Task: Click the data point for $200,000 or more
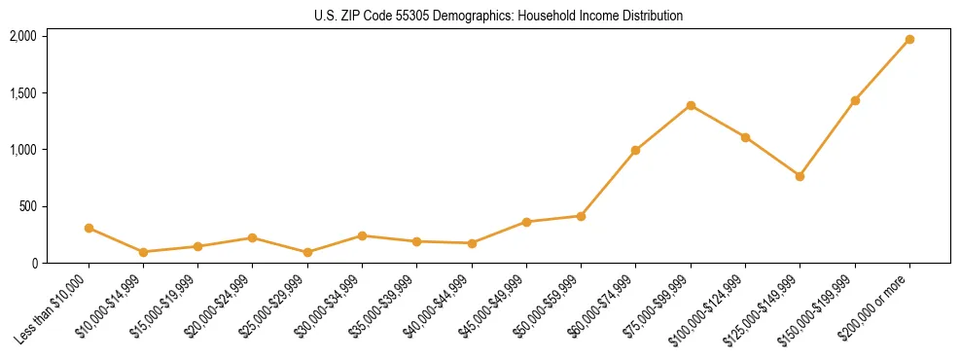point(909,40)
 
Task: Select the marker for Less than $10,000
point(89,228)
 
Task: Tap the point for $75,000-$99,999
point(691,105)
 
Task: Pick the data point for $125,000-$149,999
point(800,176)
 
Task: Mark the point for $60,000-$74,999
point(635,150)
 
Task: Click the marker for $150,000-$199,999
point(855,100)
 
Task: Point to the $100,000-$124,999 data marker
point(745,137)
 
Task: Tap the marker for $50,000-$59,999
point(581,216)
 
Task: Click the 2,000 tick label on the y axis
point(23,36)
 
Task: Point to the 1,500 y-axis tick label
point(23,93)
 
